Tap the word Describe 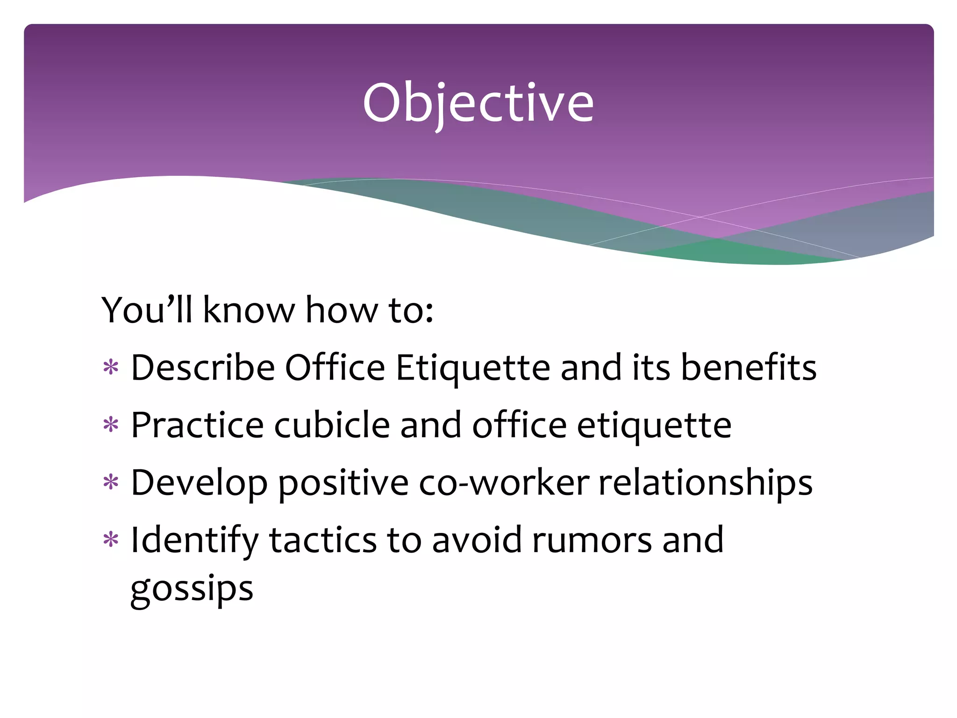[203, 367]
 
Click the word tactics [323, 540]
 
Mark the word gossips [192, 589]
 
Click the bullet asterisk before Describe [111, 367]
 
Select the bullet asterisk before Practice [111, 425]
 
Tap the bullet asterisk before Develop [111, 482]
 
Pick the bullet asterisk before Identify [111, 540]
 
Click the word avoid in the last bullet [476, 540]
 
